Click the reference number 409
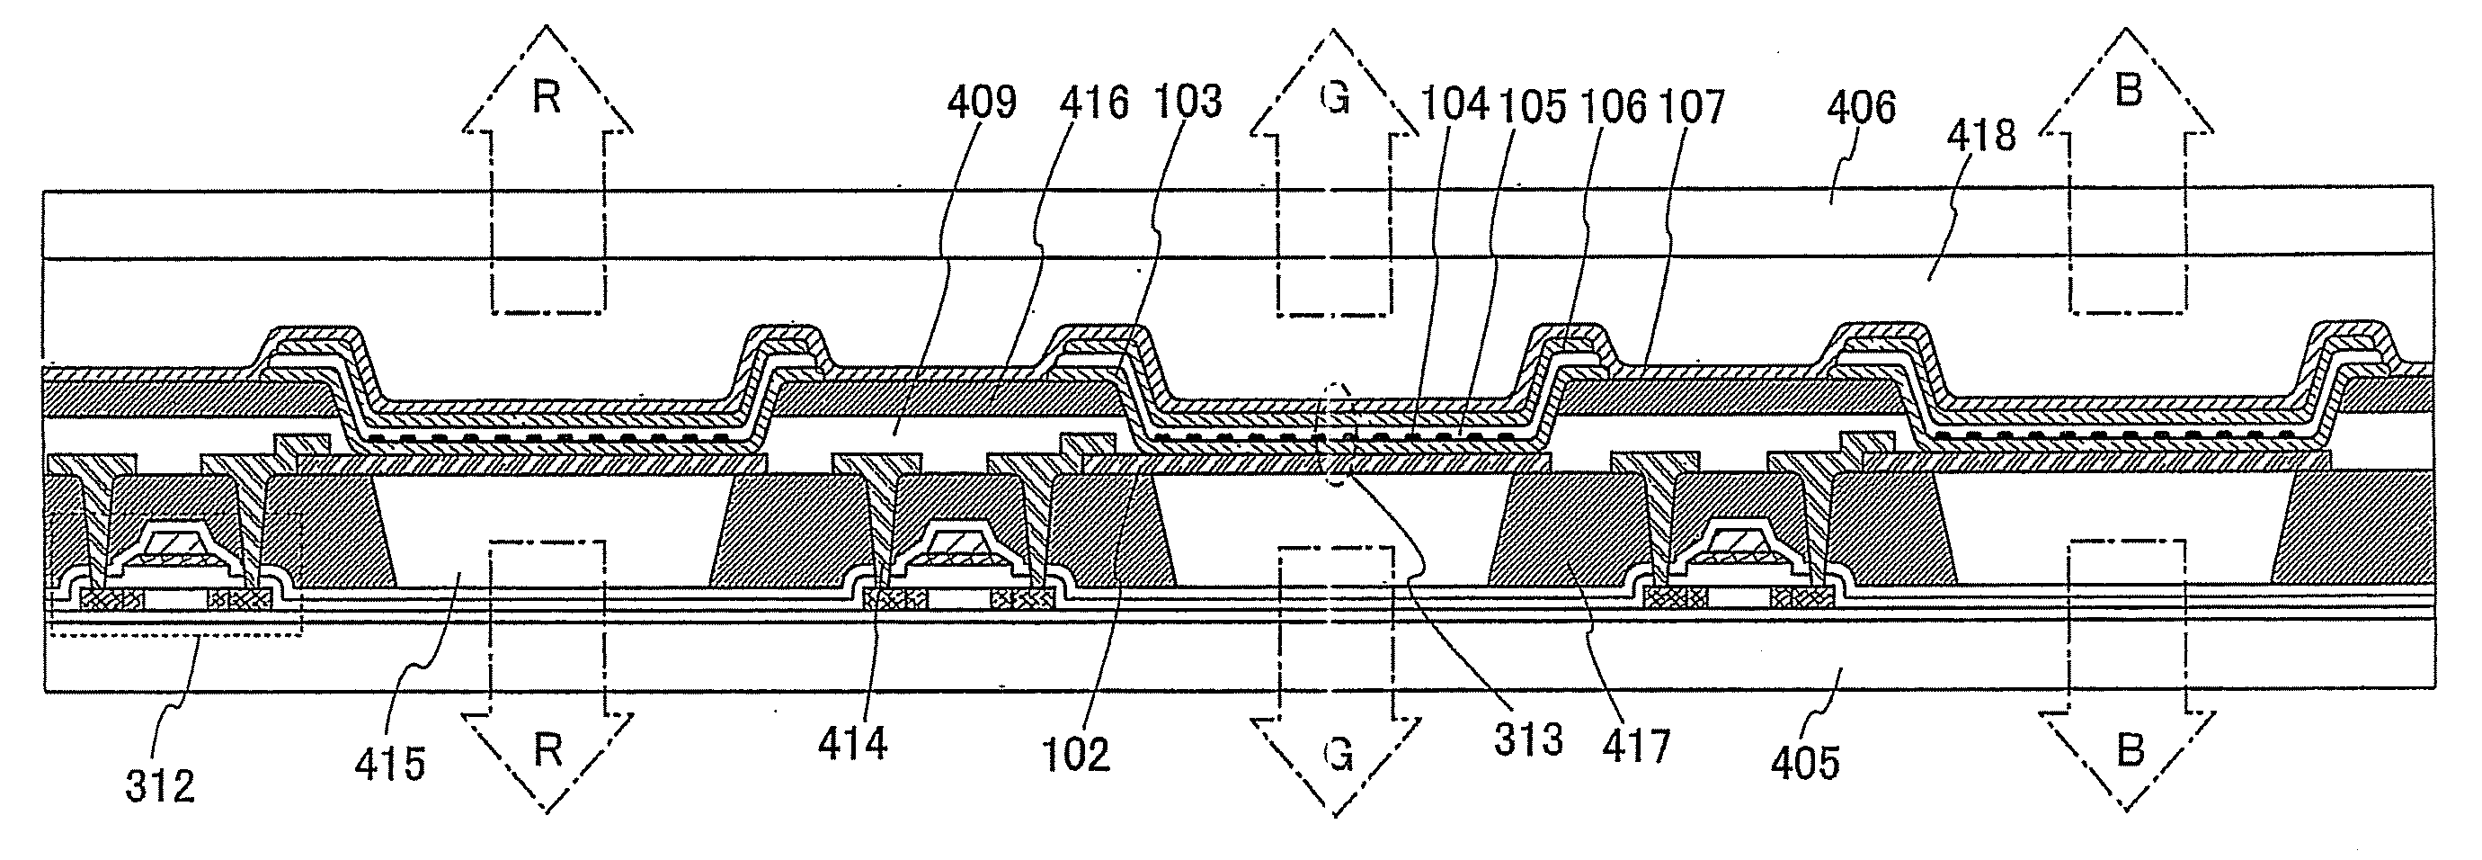(x=982, y=103)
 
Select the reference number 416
(x=1094, y=103)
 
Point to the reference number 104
(x=1454, y=104)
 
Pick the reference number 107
(x=1692, y=106)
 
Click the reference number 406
(x=1862, y=108)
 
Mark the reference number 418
(x=1981, y=136)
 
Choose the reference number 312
(x=160, y=785)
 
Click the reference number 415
(x=389, y=765)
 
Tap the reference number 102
(x=1076, y=754)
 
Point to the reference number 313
(x=1529, y=740)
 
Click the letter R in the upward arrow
(x=547, y=98)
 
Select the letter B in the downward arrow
(x=2130, y=750)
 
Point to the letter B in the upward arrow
(x=2128, y=92)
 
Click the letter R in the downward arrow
(x=547, y=751)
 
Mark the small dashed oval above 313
(x=1337, y=434)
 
